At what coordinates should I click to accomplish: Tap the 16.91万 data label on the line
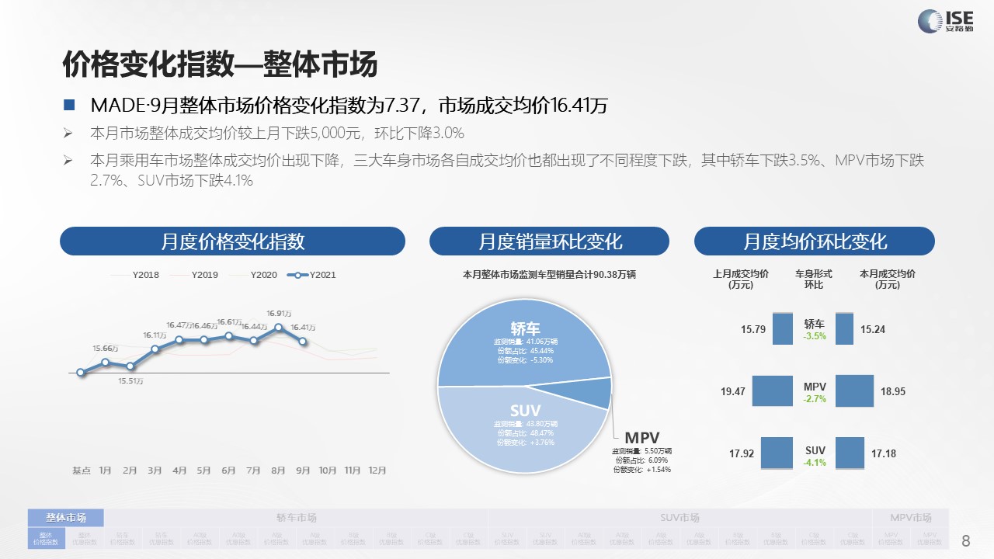tap(279, 314)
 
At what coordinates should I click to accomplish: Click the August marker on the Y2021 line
tap(279, 328)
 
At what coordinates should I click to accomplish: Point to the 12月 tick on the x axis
tap(377, 470)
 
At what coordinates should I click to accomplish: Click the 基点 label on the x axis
tap(82, 470)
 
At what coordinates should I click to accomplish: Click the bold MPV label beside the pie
tap(642, 437)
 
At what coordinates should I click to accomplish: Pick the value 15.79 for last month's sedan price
tap(753, 329)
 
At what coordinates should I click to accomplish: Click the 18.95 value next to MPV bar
tap(893, 391)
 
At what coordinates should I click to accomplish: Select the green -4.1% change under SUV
tap(815, 463)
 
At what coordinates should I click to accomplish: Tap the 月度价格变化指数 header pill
tap(232, 241)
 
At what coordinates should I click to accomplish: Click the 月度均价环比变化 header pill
tap(815, 241)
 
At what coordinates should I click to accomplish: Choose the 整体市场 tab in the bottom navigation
tap(66, 518)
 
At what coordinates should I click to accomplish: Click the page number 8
tap(966, 540)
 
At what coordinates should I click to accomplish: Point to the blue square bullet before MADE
tap(69, 105)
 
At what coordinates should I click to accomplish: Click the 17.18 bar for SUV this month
tap(850, 453)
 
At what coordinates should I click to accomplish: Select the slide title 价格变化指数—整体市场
tap(220, 64)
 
